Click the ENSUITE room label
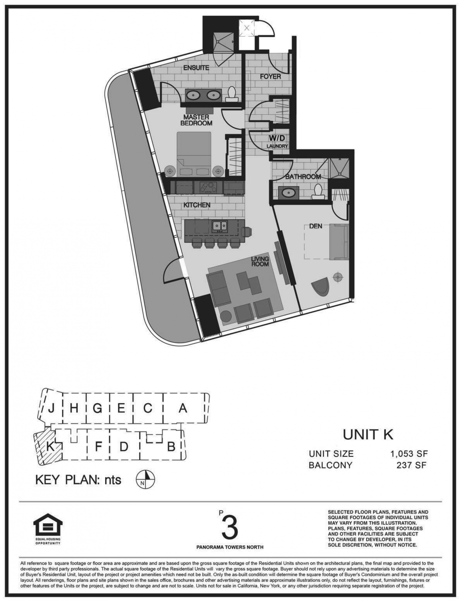pyautogui.click(x=196, y=68)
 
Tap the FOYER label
pyautogui.click(x=270, y=77)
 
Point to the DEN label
pyautogui.click(x=316, y=226)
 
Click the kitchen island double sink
pyautogui.click(x=220, y=226)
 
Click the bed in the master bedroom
pyautogui.click(x=194, y=153)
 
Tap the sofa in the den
pyautogui.click(x=340, y=241)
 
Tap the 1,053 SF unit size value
pyautogui.click(x=409, y=454)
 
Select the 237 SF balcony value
pyautogui.click(x=411, y=465)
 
